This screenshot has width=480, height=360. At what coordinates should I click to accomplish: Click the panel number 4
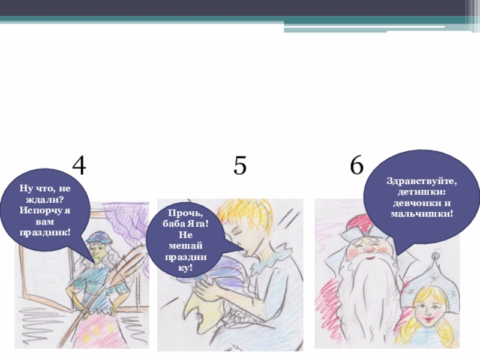pos(79,166)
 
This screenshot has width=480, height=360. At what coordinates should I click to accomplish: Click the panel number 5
pos(239,166)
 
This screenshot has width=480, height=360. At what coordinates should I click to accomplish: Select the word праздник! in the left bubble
pos(45,232)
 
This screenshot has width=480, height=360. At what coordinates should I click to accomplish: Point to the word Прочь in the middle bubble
pos(185,213)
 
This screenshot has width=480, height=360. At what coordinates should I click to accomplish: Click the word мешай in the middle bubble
pos(185,246)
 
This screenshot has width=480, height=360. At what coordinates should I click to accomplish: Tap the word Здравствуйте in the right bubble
pos(422,182)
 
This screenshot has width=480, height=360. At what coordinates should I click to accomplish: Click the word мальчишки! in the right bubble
pos(422,214)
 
